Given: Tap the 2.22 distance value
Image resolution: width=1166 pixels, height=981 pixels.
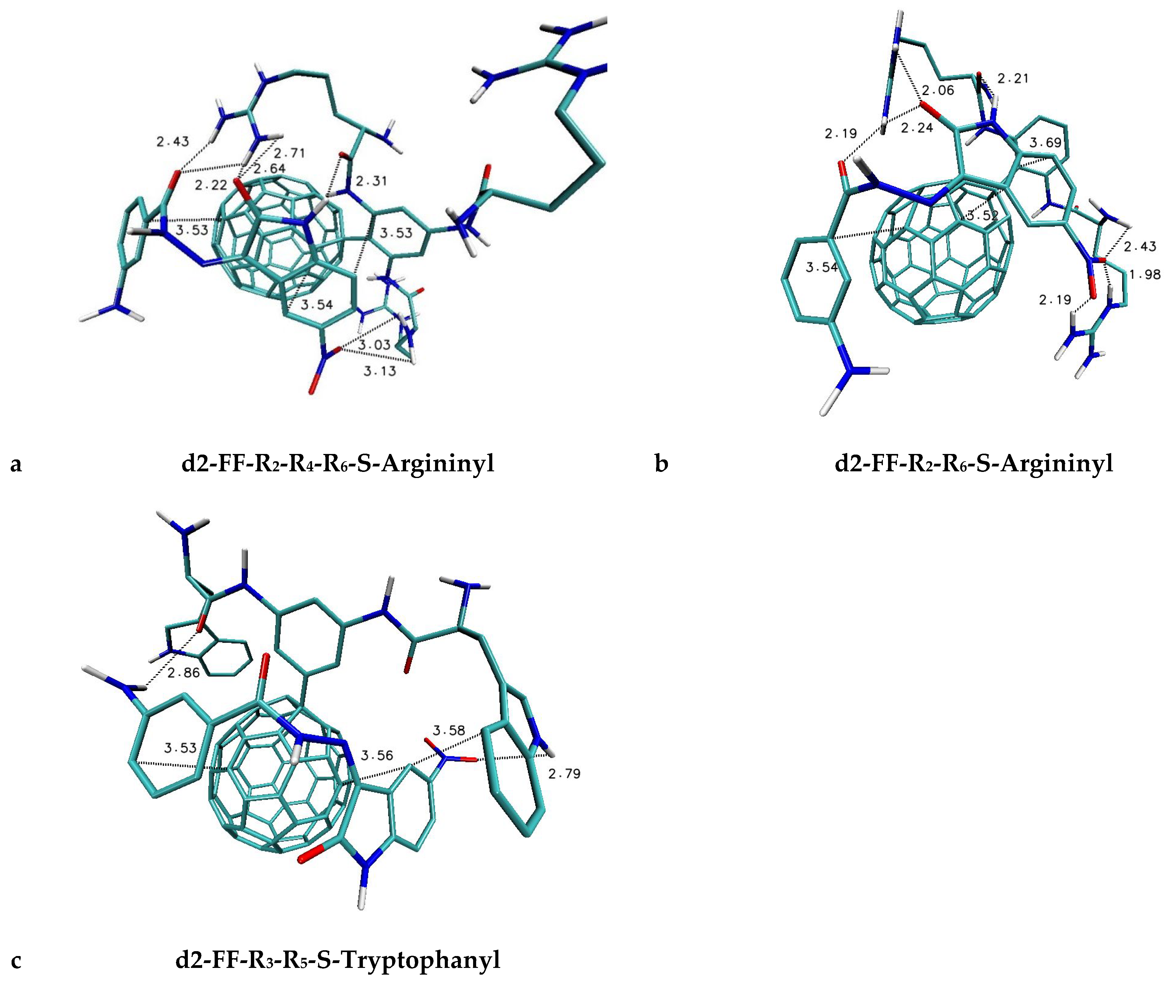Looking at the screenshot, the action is tap(211, 185).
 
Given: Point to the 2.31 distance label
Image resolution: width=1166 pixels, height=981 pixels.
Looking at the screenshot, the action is tap(371, 181).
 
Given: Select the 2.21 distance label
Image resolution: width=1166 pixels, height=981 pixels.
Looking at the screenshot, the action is tap(1013, 79).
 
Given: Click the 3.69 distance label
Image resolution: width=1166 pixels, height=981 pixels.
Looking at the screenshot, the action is tap(1046, 143).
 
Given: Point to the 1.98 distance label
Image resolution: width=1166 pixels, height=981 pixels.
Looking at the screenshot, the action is tap(1145, 274).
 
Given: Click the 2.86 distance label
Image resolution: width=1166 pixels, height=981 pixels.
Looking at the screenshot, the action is tap(184, 672).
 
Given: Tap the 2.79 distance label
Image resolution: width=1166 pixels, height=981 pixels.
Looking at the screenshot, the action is tap(564, 773).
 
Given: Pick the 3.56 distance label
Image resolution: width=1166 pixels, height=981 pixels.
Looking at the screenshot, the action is tap(377, 755).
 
